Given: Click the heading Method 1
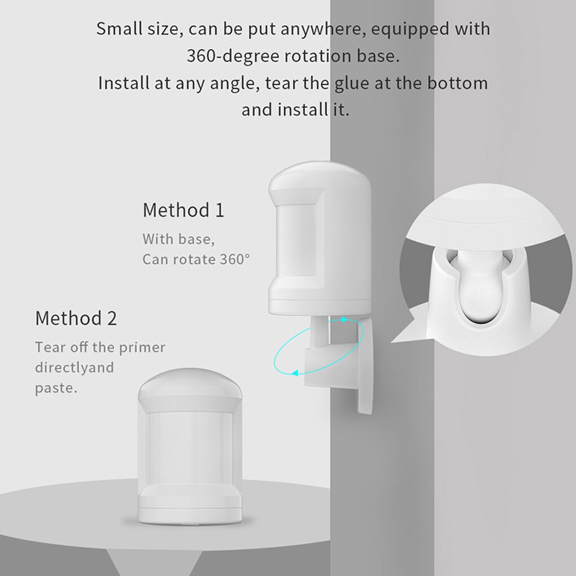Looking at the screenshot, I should [x=183, y=210].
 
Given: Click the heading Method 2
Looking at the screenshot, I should [x=76, y=318].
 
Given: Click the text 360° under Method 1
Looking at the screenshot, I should [x=235, y=259].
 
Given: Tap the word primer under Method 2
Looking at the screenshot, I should [x=145, y=347].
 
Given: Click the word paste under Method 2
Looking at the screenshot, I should [x=55, y=389].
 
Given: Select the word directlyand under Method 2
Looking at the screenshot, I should [x=74, y=368].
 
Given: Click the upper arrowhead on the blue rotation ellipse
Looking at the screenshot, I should [x=344, y=320].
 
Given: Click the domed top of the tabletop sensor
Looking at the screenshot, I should [x=190, y=385].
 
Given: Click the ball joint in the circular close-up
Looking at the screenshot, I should [x=480, y=293].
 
